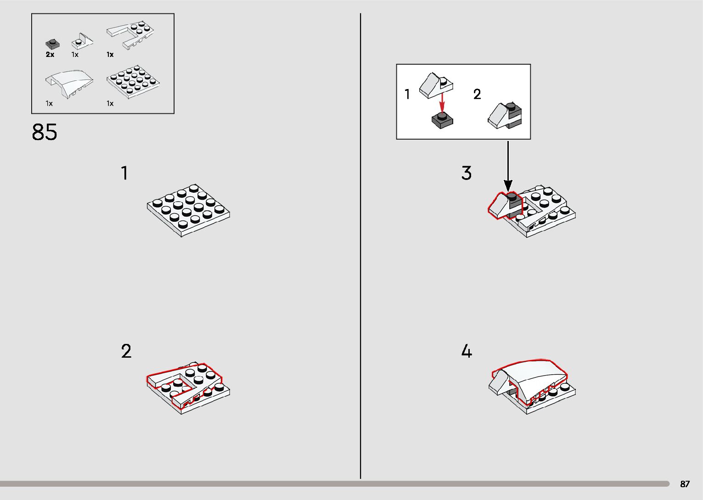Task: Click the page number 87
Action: pyautogui.click(x=685, y=483)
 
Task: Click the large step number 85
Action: pyautogui.click(x=44, y=132)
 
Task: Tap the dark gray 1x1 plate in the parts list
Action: pyautogui.click(x=53, y=44)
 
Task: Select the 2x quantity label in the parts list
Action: pyautogui.click(x=50, y=55)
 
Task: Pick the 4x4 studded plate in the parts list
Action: pyautogui.click(x=133, y=82)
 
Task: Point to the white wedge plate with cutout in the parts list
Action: pyautogui.click(x=130, y=35)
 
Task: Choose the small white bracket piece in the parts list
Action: pyautogui.click(x=82, y=41)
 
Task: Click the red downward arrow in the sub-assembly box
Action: pyautogui.click(x=442, y=103)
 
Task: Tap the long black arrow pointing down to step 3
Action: pyautogui.click(x=508, y=166)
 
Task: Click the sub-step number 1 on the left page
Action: pyautogui.click(x=124, y=173)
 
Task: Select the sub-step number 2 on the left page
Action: pyautogui.click(x=126, y=351)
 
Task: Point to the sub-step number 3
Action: pyautogui.click(x=467, y=173)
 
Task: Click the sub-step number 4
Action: pyautogui.click(x=467, y=351)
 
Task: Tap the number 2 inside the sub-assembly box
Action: pyautogui.click(x=477, y=94)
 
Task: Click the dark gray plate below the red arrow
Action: pyautogui.click(x=443, y=121)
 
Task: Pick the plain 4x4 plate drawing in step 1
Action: pyautogui.click(x=188, y=210)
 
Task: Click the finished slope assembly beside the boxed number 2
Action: pyautogui.click(x=505, y=115)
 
